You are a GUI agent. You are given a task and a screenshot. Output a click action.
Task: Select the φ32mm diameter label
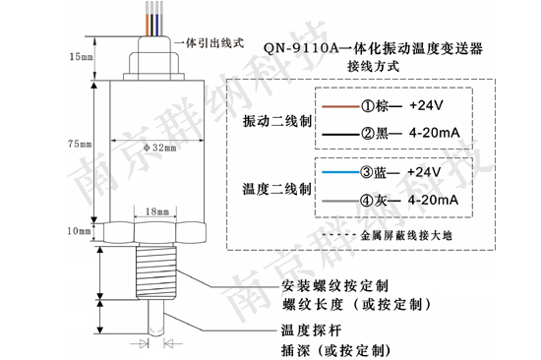click(157, 148)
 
